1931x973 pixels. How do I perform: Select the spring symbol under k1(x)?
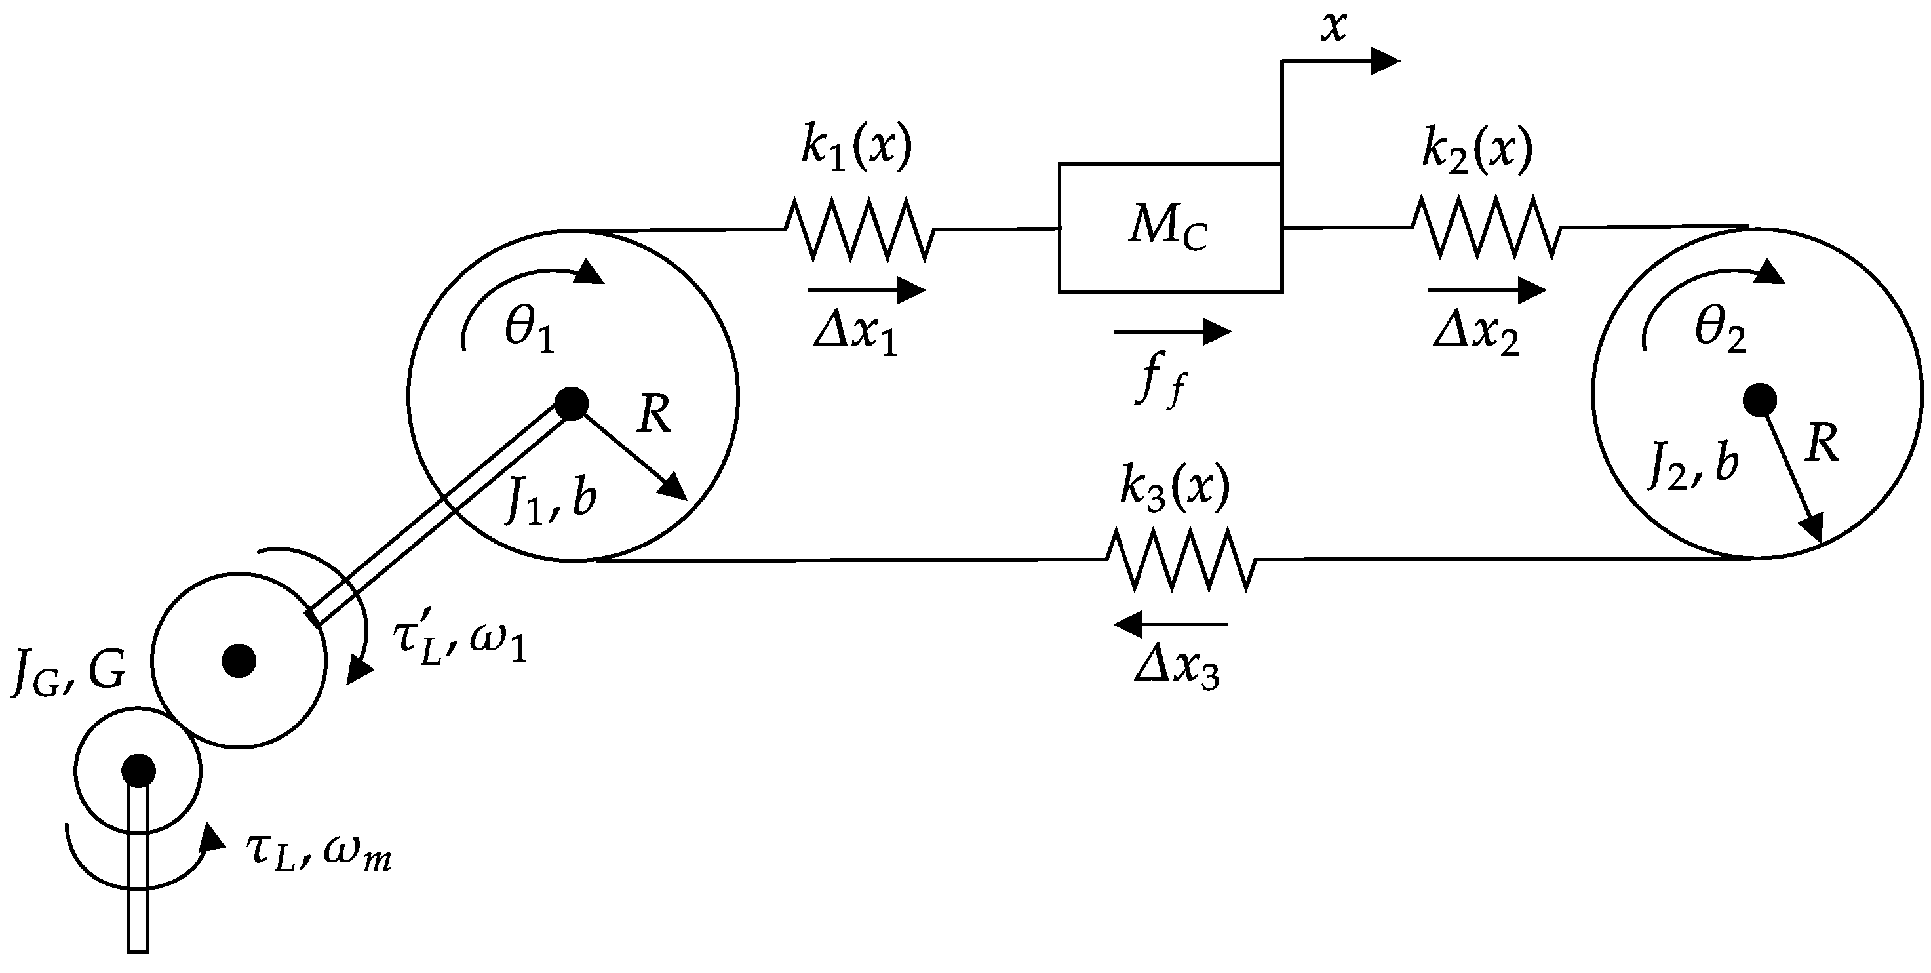click(x=859, y=229)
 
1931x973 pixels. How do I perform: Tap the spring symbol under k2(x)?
click(x=1486, y=227)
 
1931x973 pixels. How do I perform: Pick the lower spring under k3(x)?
click(x=1180, y=559)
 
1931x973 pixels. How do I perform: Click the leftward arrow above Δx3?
click(x=1171, y=624)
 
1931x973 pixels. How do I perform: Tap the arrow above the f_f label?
click(x=1171, y=330)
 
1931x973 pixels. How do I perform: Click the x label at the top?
click(x=1334, y=28)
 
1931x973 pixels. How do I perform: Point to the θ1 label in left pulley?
click(x=529, y=332)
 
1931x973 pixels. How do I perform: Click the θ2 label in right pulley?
click(x=1721, y=330)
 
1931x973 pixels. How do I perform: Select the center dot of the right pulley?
click(x=1759, y=401)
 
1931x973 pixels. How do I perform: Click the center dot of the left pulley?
click(x=572, y=404)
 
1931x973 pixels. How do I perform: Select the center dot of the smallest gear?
click(x=139, y=770)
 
